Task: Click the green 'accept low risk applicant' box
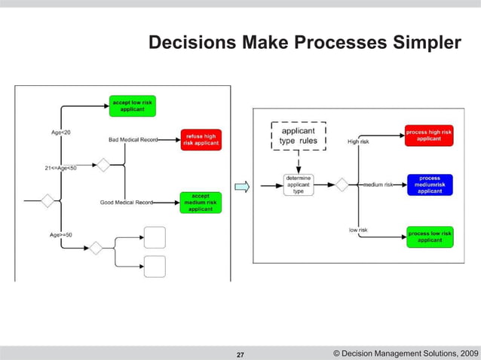(x=133, y=105)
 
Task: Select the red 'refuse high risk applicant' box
(x=201, y=139)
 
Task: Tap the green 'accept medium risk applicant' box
(x=201, y=202)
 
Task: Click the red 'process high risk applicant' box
(x=429, y=136)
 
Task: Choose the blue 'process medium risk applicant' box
(x=430, y=185)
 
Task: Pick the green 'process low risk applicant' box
(x=430, y=236)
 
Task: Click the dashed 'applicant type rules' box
(x=298, y=136)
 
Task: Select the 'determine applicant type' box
(x=298, y=185)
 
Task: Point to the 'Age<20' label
(x=61, y=132)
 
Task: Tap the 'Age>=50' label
(x=62, y=235)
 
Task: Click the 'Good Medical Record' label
(x=127, y=202)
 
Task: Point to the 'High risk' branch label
(x=358, y=141)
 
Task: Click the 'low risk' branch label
(x=358, y=230)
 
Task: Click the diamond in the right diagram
(x=341, y=185)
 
